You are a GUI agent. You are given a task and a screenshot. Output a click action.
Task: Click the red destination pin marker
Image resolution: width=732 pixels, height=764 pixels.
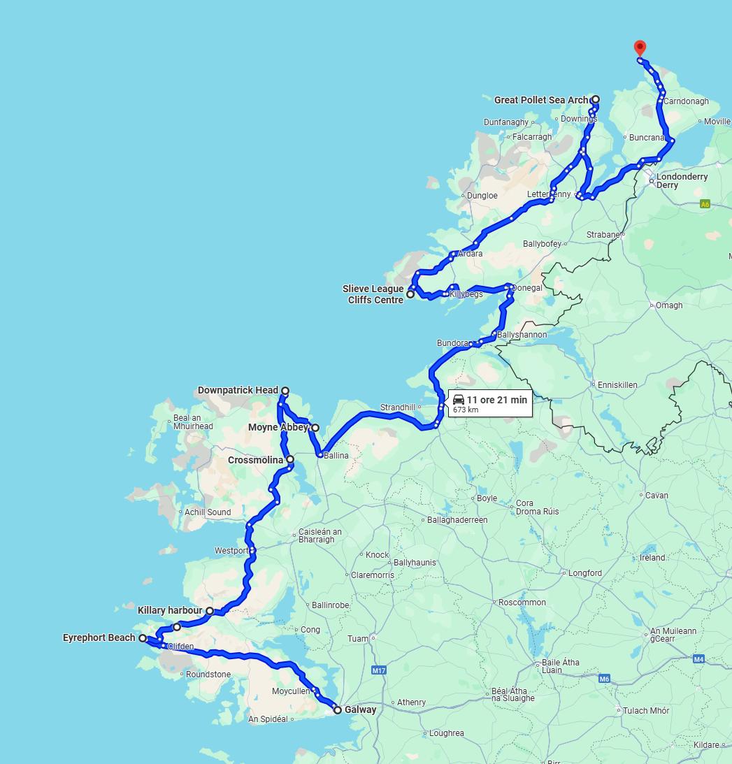pos(639,48)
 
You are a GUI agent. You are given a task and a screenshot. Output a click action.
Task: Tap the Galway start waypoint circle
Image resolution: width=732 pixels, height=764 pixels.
pos(338,710)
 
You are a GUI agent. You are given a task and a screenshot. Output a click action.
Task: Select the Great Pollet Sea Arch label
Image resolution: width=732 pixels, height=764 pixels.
pos(540,100)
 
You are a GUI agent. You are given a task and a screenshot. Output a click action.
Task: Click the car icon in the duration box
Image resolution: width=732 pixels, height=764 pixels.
pos(459,400)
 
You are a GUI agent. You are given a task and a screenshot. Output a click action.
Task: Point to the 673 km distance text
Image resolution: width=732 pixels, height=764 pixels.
pos(466,410)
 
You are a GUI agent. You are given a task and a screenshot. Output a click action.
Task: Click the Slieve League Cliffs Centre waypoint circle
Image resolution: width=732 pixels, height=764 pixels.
pos(410,294)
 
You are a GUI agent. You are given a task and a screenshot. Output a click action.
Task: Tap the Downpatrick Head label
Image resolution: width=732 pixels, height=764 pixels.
pos(238,390)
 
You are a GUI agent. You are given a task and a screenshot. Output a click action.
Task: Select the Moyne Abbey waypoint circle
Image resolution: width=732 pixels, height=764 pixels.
pos(315,428)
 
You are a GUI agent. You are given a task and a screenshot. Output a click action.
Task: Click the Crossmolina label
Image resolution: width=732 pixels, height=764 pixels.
pos(255,460)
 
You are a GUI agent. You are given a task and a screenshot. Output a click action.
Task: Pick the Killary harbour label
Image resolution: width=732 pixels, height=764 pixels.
pos(170,610)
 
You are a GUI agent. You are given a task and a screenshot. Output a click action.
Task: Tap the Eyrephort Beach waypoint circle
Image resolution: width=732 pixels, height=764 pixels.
pos(143,638)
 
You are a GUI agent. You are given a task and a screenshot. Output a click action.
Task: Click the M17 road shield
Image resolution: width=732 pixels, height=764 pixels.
pos(378,671)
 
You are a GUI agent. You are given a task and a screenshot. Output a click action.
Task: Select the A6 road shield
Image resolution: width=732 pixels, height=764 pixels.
pos(705,204)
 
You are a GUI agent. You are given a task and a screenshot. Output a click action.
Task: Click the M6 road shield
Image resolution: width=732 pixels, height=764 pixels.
pos(604,679)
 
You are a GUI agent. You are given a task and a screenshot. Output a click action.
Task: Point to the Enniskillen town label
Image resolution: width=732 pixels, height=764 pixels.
pos(617,384)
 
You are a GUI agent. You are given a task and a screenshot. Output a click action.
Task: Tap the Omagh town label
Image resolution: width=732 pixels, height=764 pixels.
pos(669,305)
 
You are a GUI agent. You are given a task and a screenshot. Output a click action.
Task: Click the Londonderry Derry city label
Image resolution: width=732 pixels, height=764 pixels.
pos(682,181)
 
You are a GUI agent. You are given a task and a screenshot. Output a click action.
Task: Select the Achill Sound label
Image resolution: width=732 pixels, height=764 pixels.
pos(208,512)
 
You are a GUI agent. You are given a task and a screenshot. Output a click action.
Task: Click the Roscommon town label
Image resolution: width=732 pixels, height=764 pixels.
pos(522,602)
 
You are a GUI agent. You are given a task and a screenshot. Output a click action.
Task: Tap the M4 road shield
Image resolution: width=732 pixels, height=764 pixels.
pos(698,659)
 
